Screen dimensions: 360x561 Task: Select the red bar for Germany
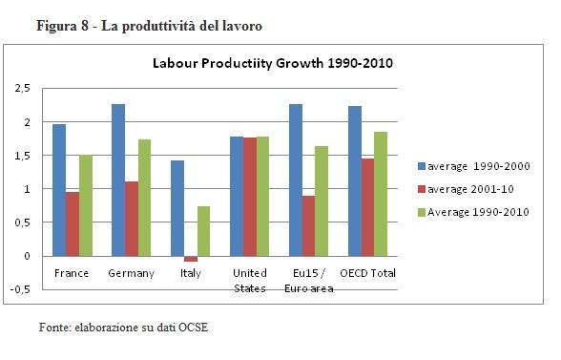(x=132, y=219)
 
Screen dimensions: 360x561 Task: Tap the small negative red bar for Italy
(x=191, y=259)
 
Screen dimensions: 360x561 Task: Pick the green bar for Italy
(x=204, y=231)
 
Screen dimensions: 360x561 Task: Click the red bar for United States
(x=250, y=197)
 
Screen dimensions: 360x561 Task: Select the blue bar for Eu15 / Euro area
(x=296, y=180)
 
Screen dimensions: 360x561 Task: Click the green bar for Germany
(x=145, y=198)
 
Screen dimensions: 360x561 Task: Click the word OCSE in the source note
(x=190, y=328)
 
